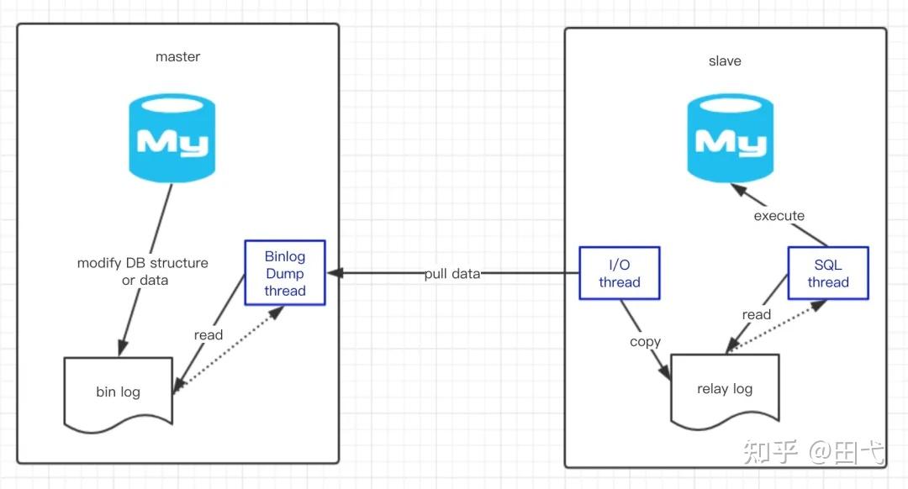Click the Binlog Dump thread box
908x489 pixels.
coord(284,273)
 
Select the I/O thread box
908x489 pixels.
coord(620,273)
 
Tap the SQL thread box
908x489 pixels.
coord(827,273)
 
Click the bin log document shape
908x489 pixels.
coord(118,392)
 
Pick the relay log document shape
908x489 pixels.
coord(725,389)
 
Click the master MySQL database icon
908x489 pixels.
coord(172,138)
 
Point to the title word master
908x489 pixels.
coord(178,57)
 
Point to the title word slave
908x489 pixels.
coord(725,61)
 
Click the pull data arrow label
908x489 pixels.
coord(452,274)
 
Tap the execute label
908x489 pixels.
coord(779,216)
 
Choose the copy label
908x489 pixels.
coord(646,342)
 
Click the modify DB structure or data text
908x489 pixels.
coord(143,271)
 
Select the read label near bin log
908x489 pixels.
coord(209,335)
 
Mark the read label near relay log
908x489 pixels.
coord(757,314)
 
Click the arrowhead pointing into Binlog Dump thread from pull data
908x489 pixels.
coord(334,273)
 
